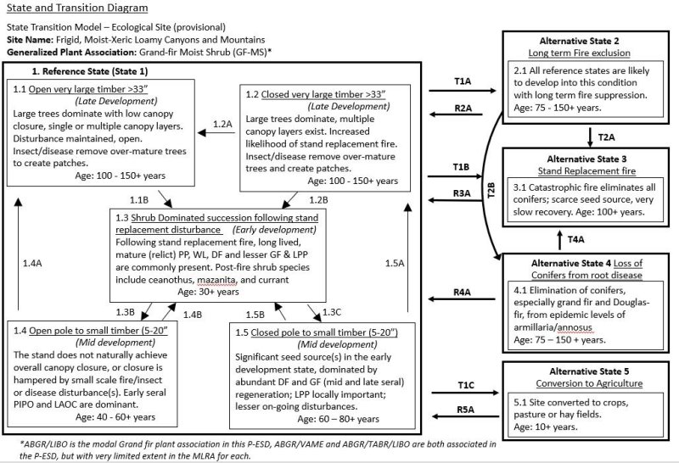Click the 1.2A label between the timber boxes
(222, 123)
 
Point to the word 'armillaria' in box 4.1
(542, 329)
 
